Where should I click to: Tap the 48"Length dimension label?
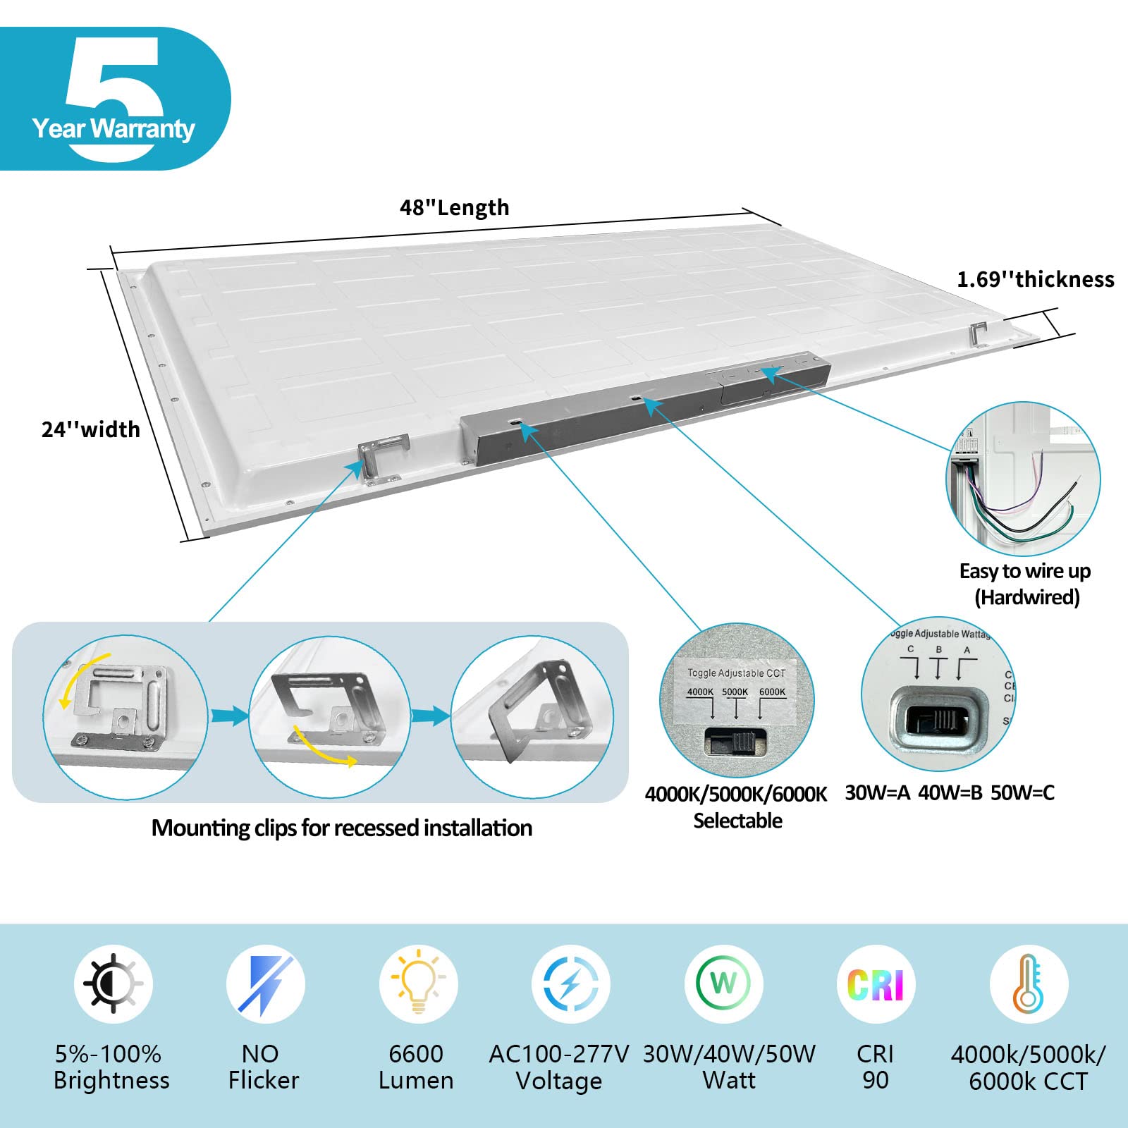tap(454, 208)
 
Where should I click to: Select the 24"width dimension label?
tap(90, 429)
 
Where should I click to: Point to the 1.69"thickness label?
tap(1035, 280)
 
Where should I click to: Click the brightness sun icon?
tap(113, 983)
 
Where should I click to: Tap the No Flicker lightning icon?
tap(265, 983)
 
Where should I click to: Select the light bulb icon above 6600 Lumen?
tap(418, 983)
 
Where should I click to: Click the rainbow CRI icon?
tap(875, 984)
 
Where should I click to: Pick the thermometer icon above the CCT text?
tap(1028, 983)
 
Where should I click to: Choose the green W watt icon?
tap(723, 983)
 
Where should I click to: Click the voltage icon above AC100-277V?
tap(570, 983)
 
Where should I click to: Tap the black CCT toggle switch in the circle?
tap(735, 741)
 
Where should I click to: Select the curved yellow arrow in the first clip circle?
tap(82, 678)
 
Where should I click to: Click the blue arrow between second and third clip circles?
tap(430, 717)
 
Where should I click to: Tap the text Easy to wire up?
tap(1024, 571)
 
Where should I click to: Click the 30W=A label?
tap(877, 793)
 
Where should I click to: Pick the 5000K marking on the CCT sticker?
tap(735, 692)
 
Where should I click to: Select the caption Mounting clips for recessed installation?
tap(342, 828)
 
